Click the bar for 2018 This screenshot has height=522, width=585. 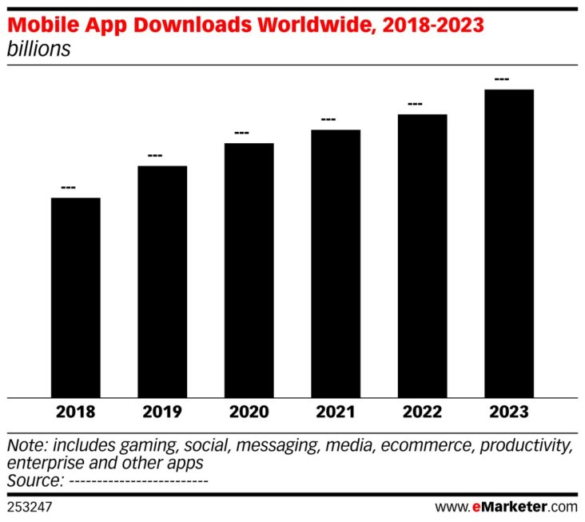coord(76,297)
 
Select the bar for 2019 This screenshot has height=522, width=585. coord(162,281)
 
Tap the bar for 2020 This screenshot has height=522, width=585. coord(249,269)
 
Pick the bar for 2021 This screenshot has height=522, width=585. coord(336,263)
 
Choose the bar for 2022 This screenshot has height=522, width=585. coord(423,255)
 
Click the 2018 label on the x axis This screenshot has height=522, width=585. coord(76,412)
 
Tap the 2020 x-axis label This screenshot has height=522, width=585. coord(249,412)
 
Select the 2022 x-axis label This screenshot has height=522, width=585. coord(423,412)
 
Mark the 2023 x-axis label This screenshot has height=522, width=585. coord(509,412)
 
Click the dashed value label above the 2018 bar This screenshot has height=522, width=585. coord(68,188)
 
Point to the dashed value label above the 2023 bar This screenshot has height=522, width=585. coord(502,79)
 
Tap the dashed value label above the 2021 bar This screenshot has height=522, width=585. coord(328,120)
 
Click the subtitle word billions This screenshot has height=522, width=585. coord(38,49)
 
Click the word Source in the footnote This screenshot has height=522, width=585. coord(34,480)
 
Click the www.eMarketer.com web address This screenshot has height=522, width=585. coord(506,507)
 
